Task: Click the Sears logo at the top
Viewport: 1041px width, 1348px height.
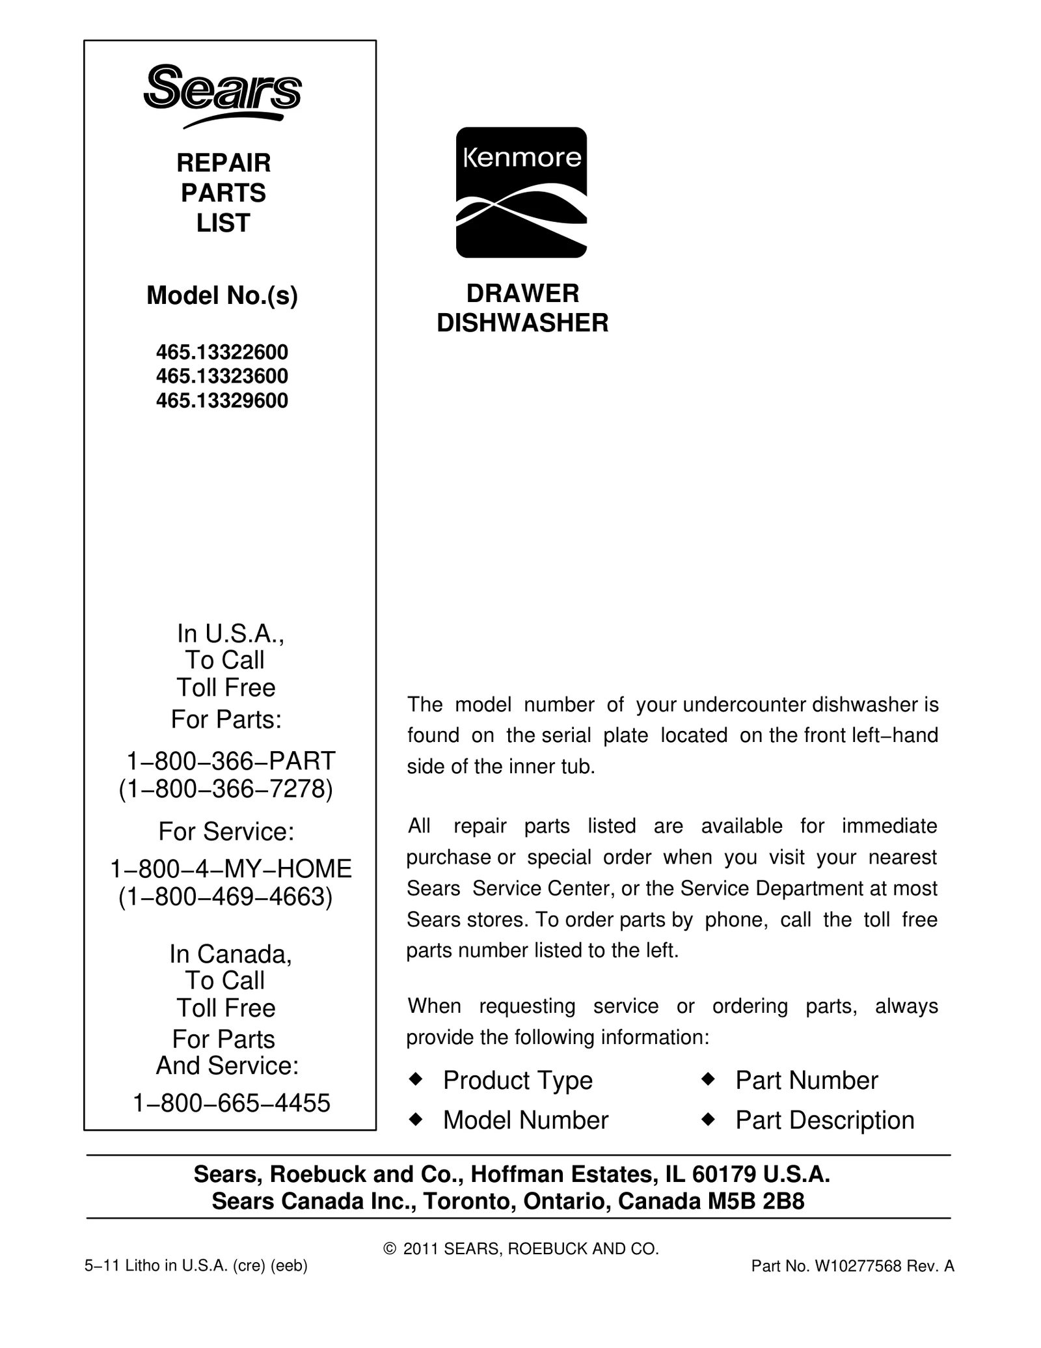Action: (223, 94)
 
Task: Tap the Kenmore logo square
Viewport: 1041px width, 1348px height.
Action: (521, 192)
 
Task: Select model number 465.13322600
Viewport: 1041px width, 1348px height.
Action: (222, 352)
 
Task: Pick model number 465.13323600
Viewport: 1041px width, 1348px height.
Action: (222, 376)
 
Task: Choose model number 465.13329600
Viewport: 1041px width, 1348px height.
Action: (222, 400)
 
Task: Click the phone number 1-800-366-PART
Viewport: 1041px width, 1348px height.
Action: (230, 760)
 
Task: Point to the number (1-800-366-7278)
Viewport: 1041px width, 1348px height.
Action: (226, 789)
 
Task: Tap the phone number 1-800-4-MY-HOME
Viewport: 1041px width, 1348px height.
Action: (231, 868)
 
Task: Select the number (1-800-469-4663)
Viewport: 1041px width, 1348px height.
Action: (226, 897)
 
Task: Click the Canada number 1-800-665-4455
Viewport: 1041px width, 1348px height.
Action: (232, 1103)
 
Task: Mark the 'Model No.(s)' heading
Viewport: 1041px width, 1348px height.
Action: (222, 296)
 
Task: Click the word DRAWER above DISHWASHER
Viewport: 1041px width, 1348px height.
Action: (522, 294)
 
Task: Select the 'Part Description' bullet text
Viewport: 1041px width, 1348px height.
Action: (824, 1120)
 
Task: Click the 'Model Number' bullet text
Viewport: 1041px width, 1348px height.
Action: (526, 1120)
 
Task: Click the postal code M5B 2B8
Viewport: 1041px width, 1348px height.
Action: (756, 1201)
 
